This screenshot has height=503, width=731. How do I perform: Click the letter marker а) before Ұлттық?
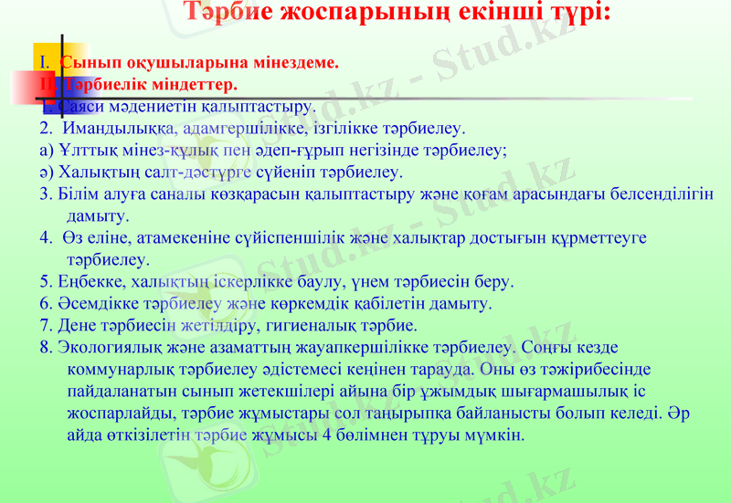pyautogui.click(x=46, y=150)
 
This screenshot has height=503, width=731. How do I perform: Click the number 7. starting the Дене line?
pyautogui.click(x=46, y=325)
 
